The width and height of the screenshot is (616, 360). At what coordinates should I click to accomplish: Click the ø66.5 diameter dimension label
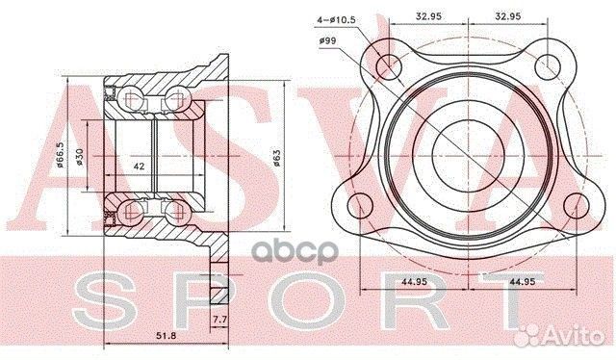(x=60, y=155)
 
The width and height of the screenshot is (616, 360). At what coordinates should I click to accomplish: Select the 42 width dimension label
(x=139, y=167)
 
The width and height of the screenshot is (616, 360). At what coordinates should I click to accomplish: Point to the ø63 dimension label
(x=276, y=158)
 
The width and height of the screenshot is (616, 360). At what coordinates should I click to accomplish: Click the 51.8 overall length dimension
(x=165, y=336)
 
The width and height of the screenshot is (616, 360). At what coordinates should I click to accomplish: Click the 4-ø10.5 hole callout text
(x=336, y=19)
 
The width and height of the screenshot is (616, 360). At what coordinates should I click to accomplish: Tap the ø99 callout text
(x=327, y=40)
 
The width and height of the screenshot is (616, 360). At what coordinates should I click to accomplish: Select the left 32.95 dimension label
(x=428, y=16)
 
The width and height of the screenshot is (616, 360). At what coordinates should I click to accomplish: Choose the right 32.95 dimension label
(x=508, y=16)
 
